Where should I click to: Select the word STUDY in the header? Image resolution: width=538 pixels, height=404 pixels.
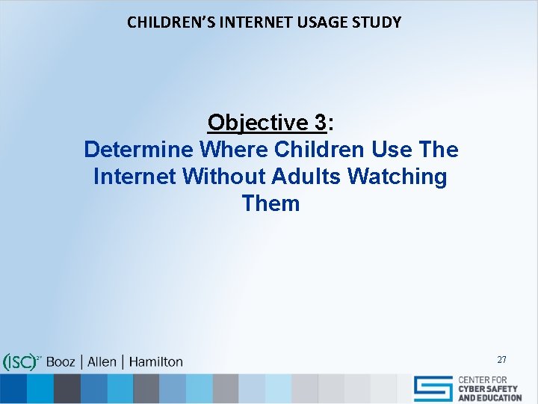click(x=378, y=22)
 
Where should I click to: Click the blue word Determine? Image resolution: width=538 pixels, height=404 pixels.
click(x=138, y=150)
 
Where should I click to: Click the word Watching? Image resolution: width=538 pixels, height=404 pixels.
click(x=398, y=177)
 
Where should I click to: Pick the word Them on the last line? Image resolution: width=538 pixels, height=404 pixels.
click(x=270, y=203)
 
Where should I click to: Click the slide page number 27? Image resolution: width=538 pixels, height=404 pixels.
click(x=501, y=360)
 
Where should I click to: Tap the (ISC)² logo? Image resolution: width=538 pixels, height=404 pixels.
click(x=20, y=362)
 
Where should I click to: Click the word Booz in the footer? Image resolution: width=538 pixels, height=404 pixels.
click(x=61, y=362)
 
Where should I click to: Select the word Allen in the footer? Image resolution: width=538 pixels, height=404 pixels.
click(x=102, y=362)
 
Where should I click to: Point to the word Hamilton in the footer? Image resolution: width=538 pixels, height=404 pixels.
click(x=155, y=362)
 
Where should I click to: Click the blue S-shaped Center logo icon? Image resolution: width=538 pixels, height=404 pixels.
click(x=433, y=388)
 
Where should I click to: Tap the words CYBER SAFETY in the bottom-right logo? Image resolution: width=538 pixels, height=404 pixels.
click(x=489, y=389)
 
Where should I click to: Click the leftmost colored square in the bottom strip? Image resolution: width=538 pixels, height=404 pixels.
click(x=13, y=388)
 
